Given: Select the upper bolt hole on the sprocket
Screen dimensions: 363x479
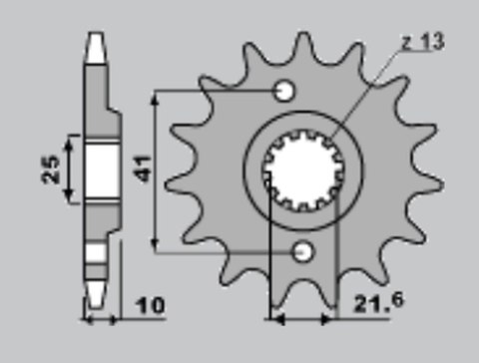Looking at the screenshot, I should click(x=284, y=92).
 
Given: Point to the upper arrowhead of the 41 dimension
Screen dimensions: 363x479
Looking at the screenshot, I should click(x=155, y=100).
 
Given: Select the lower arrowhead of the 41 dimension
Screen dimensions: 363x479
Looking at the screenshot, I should click(x=155, y=243).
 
